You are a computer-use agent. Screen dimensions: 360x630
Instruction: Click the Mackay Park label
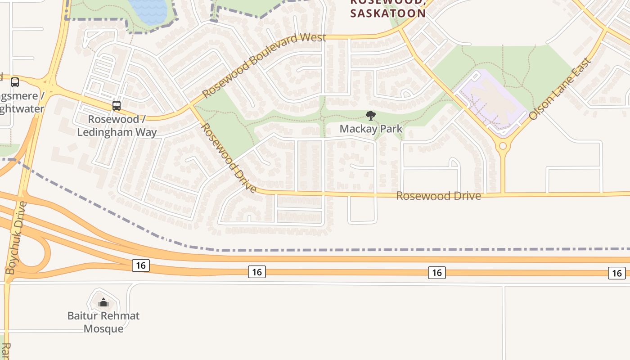point(371,129)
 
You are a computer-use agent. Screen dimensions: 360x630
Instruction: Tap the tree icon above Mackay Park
point(371,116)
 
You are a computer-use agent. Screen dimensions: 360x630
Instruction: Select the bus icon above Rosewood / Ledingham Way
point(117,106)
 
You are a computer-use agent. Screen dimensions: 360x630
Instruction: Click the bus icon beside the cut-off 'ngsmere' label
point(15,82)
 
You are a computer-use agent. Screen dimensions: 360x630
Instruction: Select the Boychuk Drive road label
point(16,238)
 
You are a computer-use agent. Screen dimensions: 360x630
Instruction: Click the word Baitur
point(83,316)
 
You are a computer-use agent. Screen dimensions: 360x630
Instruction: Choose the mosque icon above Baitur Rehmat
point(103,302)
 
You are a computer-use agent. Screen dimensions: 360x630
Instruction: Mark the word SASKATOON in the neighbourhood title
point(388,13)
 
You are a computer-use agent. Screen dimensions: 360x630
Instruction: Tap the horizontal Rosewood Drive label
point(438,196)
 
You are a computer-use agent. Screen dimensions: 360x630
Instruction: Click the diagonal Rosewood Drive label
point(228,157)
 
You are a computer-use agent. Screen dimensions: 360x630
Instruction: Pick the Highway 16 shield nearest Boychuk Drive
point(141,265)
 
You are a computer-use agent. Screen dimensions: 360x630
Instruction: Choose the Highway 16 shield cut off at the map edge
point(616,273)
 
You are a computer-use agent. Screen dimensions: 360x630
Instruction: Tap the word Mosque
point(103,329)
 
